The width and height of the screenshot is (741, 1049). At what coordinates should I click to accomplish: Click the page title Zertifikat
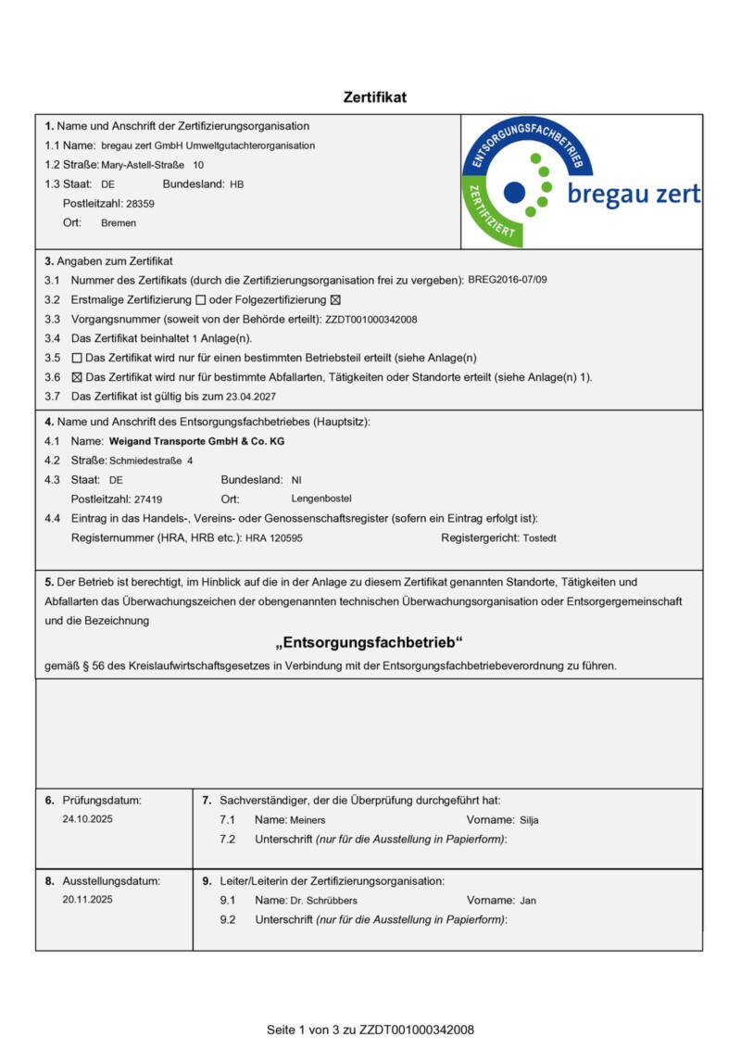click(374, 97)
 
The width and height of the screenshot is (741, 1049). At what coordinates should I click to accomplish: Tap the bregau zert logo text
click(633, 195)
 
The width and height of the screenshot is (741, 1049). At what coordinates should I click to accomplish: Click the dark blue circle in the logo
click(514, 193)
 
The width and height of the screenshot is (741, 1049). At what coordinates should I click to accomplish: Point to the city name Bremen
click(119, 223)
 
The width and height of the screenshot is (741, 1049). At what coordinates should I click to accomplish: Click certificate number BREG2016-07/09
click(513, 279)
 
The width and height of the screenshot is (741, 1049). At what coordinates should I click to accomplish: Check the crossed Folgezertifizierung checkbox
click(336, 300)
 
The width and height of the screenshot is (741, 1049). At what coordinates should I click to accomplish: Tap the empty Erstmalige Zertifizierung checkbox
click(201, 300)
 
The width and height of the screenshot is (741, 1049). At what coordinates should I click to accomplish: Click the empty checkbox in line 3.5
click(77, 358)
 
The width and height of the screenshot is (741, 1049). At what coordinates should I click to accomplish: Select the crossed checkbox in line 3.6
click(77, 377)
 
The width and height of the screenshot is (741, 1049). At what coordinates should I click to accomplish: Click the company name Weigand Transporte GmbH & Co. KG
click(196, 442)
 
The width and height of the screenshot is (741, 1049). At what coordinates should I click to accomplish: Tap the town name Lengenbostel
click(321, 499)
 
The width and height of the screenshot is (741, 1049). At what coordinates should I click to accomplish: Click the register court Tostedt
click(539, 537)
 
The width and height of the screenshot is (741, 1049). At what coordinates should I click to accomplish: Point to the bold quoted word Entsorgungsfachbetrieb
click(369, 643)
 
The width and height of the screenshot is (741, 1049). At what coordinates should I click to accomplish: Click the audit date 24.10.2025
click(88, 819)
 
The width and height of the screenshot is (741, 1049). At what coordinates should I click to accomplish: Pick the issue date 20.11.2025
click(88, 899)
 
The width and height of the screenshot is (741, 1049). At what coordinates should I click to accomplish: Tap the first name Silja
click(529, 820)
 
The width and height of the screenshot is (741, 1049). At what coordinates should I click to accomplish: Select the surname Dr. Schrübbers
click(323, 900)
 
